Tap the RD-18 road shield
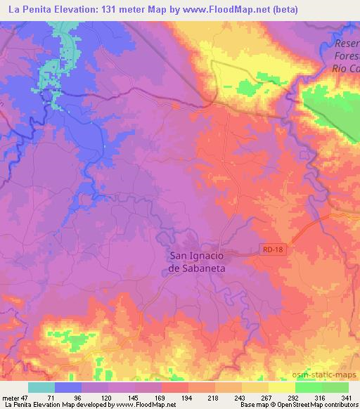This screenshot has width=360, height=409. point(271,248)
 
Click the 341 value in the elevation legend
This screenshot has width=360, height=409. point(345,397)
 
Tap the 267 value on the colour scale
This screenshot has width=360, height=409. point(266,397)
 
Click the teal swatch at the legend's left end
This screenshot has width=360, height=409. point(41,387)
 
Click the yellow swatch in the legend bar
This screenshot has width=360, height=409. point(282,387)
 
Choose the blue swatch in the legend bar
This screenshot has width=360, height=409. point(67,387)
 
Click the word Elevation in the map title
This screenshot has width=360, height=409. point(74,9)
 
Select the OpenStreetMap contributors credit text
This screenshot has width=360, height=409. point(318,405)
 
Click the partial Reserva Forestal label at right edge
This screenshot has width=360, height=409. point(344,57)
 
